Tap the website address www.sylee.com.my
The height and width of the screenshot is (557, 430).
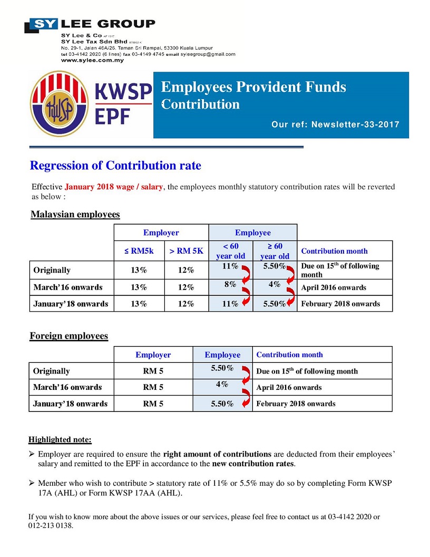[x=92, y=61]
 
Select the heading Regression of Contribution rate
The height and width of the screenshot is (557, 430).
[x=115, y=166]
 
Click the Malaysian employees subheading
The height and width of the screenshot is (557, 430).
[x=75, y=215]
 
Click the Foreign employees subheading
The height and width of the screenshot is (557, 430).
[x=69, y=336]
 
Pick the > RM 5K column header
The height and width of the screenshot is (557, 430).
[x=186, y=251]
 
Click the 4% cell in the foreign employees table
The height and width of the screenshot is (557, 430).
[x=222, y=385]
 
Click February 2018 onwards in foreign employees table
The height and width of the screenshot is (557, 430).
[x=296, y=404]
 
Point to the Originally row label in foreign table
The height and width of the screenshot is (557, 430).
[x=52, y=371]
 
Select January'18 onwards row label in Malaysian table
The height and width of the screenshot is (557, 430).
[x=71, y=304]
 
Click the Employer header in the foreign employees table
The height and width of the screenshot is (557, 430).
[x=153, y=355]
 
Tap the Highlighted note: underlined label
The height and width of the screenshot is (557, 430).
[x=60, y=439]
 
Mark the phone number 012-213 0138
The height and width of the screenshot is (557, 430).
[x=51, y=525]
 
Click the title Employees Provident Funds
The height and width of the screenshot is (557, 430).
[x=253, y=87]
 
